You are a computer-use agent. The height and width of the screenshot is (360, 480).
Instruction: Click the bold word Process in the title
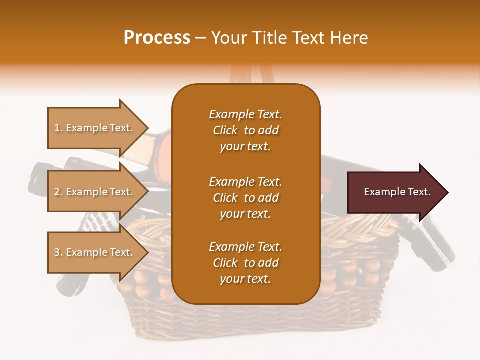pos(157,38)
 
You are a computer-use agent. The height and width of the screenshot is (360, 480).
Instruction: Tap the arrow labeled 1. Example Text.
pos(95,128)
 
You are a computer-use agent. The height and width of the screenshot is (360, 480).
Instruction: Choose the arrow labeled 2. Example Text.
pos(95,192)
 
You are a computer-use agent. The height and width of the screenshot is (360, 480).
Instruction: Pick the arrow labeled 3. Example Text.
pos(95,252)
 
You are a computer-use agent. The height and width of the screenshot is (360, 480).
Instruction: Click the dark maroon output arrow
pos(395,192)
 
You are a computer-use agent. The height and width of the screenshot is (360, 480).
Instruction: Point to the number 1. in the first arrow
pos(58,128)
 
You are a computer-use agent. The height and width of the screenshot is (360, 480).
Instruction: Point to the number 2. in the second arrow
pos(58,192)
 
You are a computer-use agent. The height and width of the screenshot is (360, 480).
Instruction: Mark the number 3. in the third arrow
pos(58,252)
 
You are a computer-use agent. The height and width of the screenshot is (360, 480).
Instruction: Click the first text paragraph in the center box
pos(245,130)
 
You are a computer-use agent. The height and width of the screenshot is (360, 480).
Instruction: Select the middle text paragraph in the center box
pos(245,198)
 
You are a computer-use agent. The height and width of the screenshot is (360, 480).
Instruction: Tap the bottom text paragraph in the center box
pos(245,263)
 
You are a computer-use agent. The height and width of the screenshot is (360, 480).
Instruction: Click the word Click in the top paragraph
pos(225,130)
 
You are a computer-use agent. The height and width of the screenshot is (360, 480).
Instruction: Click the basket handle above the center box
pos(245,75)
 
